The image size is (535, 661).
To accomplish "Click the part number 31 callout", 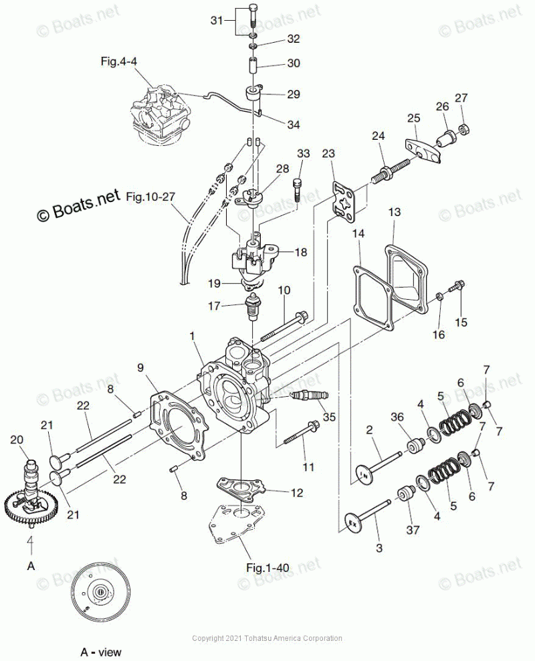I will click(216, 21).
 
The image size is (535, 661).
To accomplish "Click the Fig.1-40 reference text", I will click(267, 567).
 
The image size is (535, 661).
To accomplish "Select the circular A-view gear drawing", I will click(98, 592).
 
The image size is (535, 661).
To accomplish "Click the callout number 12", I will click(296, 493).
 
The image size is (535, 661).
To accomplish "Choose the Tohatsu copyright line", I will click(267, 638).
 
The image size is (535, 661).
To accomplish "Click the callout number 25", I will click(413, 118).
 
